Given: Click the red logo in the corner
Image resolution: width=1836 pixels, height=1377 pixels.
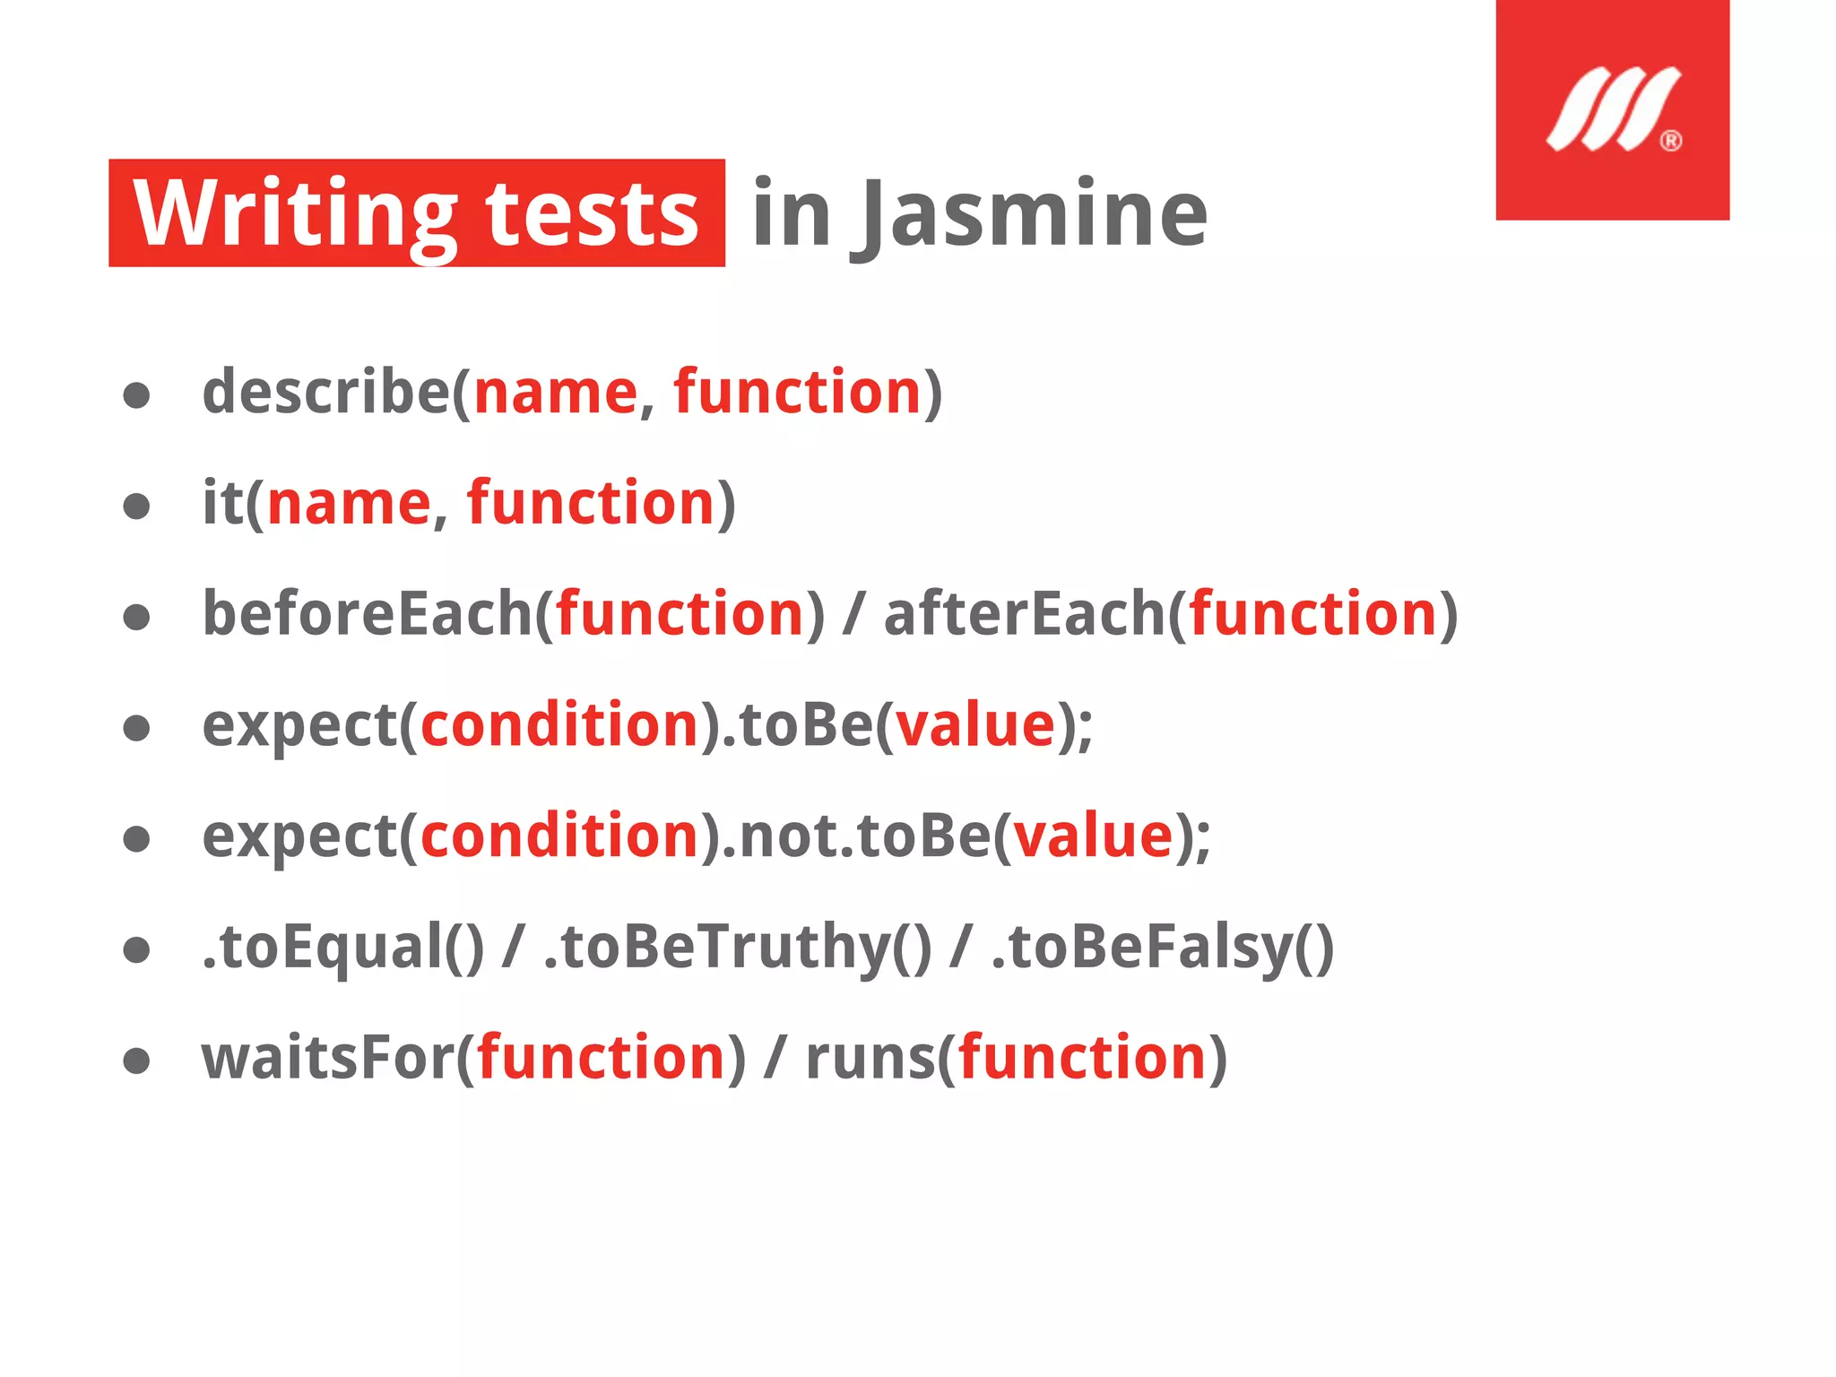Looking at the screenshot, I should coord(1611,109).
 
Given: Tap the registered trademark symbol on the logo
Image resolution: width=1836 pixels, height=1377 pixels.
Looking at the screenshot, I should coord(1670,141).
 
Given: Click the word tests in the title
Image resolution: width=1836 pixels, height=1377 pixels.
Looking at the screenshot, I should coord(592,214).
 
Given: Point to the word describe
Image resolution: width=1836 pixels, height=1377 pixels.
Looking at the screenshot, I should coord(325,392).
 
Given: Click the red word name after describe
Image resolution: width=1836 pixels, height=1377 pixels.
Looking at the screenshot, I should coord(555,394).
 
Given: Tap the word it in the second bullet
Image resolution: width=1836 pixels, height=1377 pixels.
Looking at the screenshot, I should coord(222,503).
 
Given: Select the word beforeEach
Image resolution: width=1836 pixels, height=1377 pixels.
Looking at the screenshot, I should coord(368,614).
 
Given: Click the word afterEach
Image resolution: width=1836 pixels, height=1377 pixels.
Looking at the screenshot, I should coord(1025,614).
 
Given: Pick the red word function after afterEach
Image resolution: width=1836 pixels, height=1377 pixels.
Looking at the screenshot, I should coord(1313,614).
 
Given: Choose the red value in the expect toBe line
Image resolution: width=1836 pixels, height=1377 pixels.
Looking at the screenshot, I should coord(976,725).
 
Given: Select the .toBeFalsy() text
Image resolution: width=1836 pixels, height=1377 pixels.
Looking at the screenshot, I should coord(1163,948).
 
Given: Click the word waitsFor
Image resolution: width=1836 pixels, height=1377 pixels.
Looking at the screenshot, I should coord(328,1059).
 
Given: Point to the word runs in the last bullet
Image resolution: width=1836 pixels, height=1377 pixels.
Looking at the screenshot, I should coord(870,1059).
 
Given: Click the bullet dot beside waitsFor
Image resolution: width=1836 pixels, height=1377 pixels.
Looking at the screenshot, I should coord(136,1061).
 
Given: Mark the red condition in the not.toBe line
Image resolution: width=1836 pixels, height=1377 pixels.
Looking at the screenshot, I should coord(559,836).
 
